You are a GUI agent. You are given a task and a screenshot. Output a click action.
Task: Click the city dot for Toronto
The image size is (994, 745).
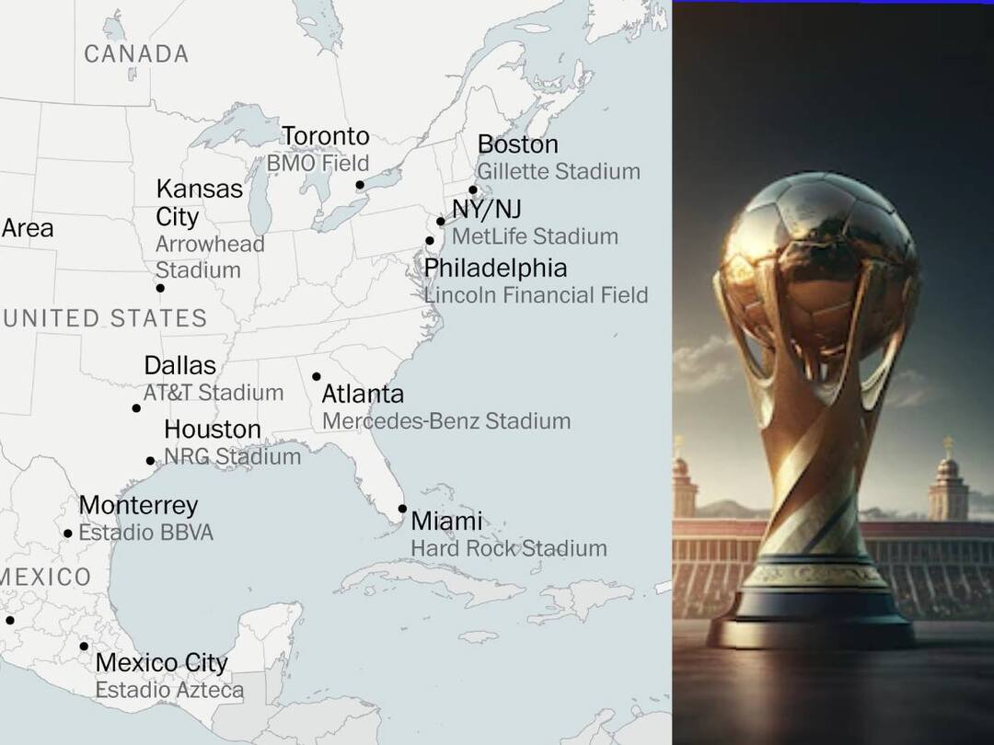click(x=360, y=185)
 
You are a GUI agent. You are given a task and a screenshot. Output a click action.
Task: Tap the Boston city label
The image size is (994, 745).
click(x=517, y=144)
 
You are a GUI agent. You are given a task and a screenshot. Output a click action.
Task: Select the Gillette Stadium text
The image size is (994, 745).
click(x=559, y=171)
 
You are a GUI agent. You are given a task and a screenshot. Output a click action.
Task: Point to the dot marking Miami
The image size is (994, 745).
click(x=402, y=509)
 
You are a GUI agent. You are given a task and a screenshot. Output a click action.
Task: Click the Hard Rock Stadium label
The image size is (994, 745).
click(x=508, y=548)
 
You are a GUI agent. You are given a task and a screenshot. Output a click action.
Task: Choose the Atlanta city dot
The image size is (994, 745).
click(x=317, y=376)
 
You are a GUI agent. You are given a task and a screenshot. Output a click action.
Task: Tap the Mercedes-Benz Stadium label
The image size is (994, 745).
click(x=445, y=421)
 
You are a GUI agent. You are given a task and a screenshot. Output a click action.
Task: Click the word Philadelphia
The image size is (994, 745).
click(x=495, y=269)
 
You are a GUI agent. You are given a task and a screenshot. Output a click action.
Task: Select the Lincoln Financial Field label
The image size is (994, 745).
click(x=536, y=295)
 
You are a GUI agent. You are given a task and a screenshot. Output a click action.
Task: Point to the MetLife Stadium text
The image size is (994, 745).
click(x=535, y=236)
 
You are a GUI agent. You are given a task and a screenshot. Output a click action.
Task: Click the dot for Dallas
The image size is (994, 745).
click(x=136, y=408)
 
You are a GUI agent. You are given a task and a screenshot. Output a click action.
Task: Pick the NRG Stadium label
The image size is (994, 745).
click(x=232, y=456)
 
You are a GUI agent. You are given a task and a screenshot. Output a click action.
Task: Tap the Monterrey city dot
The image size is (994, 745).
click(x=67, y=533)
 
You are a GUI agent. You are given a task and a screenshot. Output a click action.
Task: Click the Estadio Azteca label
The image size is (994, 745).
click(x=169, y=690)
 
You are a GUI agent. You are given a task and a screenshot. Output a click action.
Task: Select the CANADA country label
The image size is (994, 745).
click(x=136, y=54)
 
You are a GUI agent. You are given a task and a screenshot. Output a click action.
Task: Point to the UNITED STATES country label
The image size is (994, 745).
click(x=104, y=318)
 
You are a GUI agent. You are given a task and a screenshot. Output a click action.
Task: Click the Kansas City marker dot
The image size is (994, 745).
click(x=160, y=288)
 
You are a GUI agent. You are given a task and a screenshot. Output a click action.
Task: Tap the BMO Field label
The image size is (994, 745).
click(x=318, y=164)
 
